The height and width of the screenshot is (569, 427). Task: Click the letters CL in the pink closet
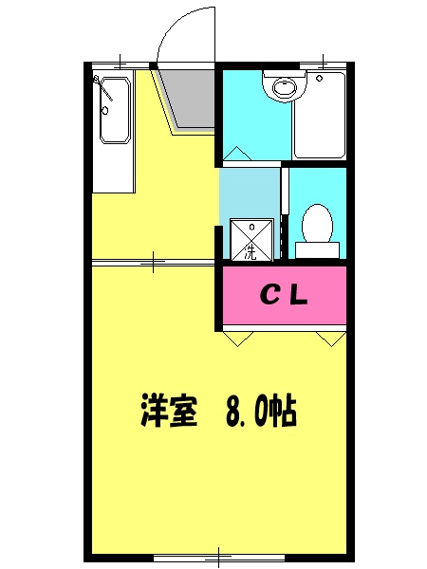tap(284, 296)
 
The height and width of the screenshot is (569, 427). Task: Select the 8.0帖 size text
tap(262, 411)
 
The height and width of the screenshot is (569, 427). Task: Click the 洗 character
tap(250, 252)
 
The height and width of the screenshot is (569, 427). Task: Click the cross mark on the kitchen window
tap(121, 63)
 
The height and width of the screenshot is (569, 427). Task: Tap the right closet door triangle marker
tap(331, 337)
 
